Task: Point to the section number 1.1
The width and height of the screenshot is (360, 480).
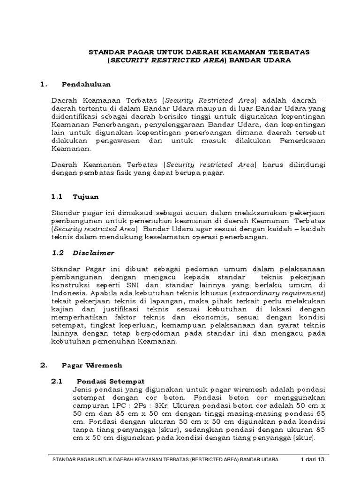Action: point(57,196)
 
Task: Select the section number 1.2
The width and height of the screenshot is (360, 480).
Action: point(57,253)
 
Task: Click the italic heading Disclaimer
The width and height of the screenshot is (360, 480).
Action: point(94,253)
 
